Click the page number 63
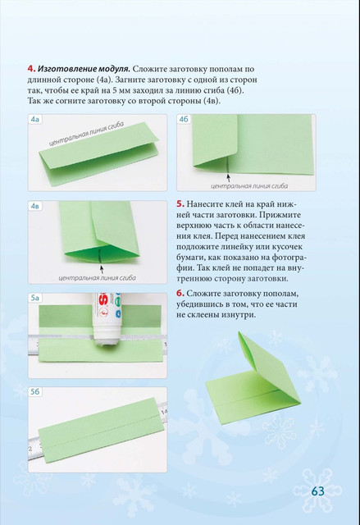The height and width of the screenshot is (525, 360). click(x=317, y=491)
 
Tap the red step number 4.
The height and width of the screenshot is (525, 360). click(x=31, y=69)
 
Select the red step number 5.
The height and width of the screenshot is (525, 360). click(x=180, y=204)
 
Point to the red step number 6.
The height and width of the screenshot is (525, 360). click(x=180, y=294)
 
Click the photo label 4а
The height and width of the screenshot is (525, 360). click(x=35, y=119)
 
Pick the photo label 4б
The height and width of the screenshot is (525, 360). click(x=184, y=119)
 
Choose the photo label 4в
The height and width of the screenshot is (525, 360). click(x=35, y=206)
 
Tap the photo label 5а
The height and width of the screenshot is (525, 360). click(x=35, y=298)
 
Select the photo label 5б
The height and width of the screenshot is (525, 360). click(x=35, y=391)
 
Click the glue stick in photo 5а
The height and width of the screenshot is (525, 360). click(x=106, y=319)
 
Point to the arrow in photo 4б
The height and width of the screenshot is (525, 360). click(x=229, y=177)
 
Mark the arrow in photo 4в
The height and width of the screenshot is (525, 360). click(x=102, y=270)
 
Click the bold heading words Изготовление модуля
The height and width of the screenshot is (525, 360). click(x=84, y=69)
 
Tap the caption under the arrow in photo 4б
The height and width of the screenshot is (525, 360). click(x=249, y=186)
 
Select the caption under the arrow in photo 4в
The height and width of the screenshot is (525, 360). click(x=97, y=278)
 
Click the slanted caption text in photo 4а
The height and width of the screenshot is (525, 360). click(x=86, y=134)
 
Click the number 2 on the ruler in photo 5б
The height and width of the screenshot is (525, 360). click(x=30, y=449)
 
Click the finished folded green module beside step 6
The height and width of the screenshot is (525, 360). click(x=253, y=380)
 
